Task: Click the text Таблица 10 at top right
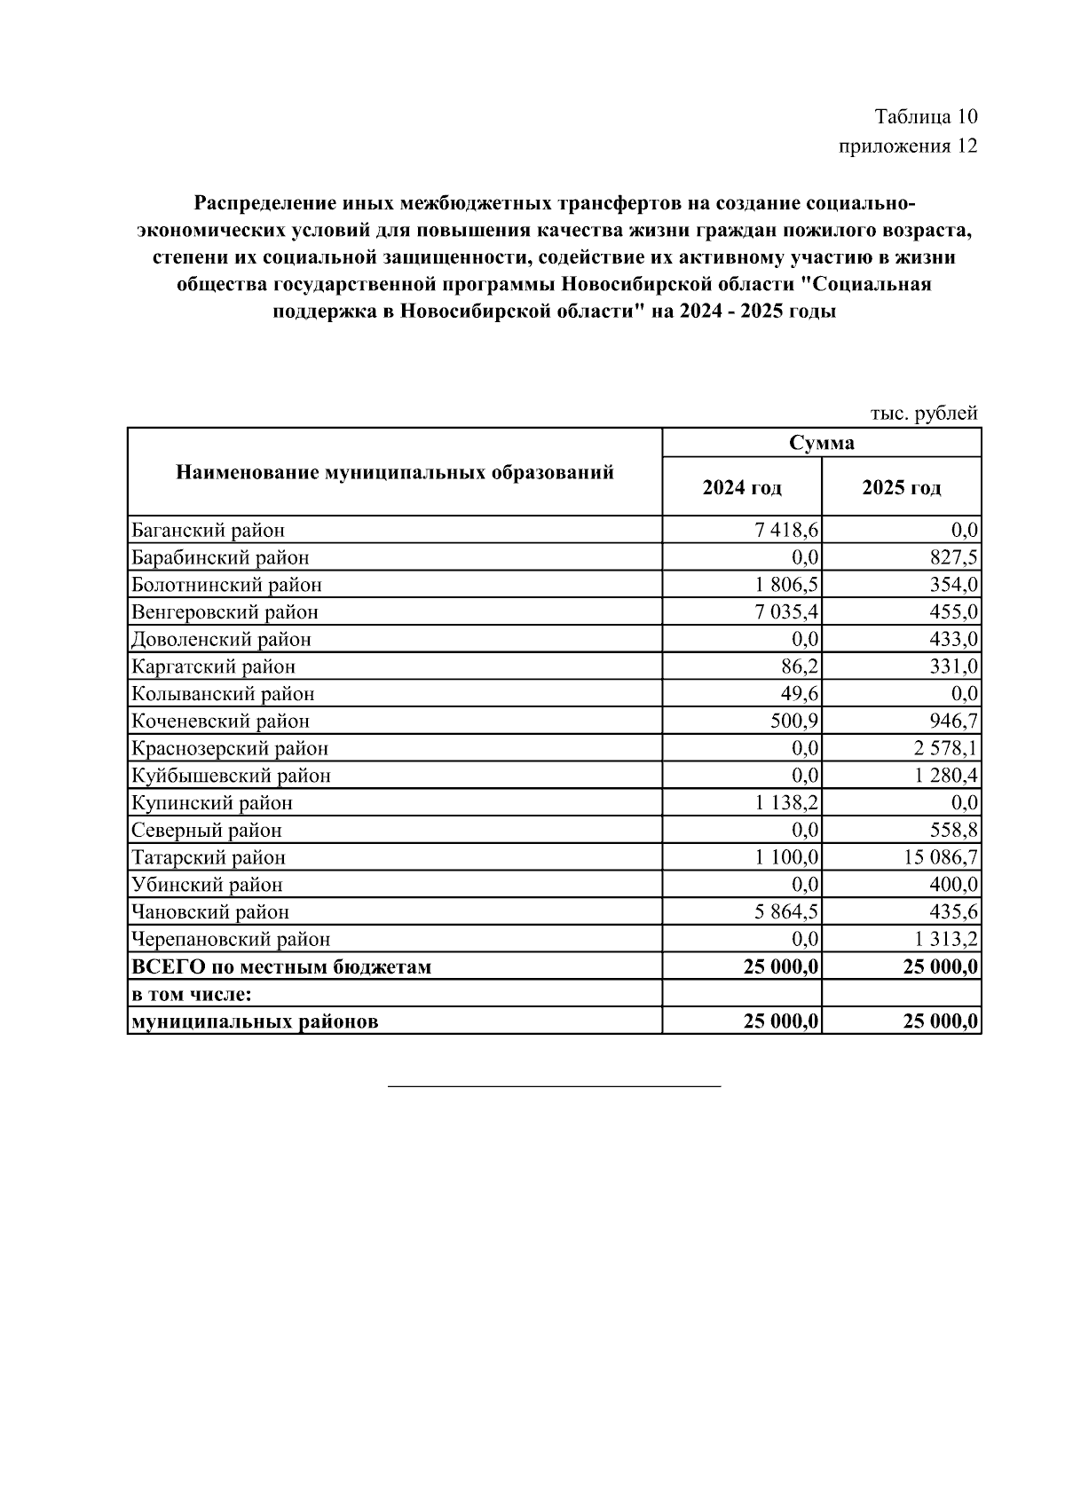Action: point(926,116)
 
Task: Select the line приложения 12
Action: point(908,146)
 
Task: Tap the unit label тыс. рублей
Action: point(923,413)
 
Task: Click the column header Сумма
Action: point(822,443)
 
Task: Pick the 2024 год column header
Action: point(742,487)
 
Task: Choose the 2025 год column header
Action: point(901,487)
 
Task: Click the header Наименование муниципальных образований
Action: point(395,472)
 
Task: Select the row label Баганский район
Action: point(208,531)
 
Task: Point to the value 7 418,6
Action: point(786,531)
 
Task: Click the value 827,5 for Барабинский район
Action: point(952,558)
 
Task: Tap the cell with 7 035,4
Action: point(786,612)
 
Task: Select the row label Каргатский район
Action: point(213,666)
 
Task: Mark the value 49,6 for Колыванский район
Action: point(800,694)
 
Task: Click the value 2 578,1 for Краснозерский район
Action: point(945,748)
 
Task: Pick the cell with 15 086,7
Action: point(941,857)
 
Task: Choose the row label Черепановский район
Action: point(231,939)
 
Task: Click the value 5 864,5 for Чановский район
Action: point(786,911)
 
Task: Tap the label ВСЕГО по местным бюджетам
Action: point(281,966)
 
